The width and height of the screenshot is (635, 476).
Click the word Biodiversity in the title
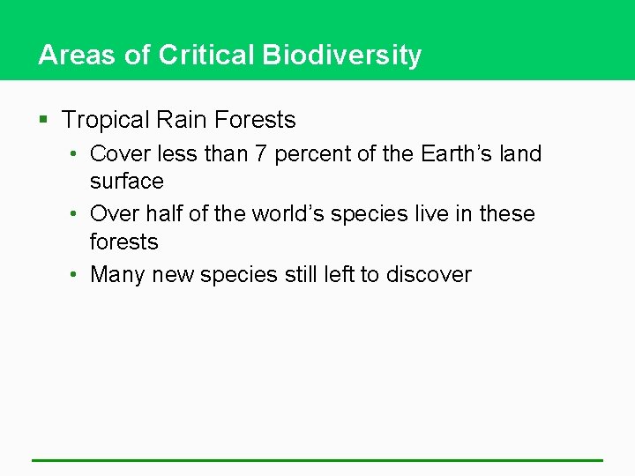pos(342,56)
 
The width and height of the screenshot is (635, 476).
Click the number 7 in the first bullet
pos(261,153)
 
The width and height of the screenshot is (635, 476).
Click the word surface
pos(127,182)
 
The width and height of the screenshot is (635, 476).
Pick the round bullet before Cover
pos(76,154)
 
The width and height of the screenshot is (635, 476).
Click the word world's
pos(288,214)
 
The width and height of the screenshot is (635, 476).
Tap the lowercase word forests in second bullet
pos(124,242)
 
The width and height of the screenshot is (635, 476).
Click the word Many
pos(118,275)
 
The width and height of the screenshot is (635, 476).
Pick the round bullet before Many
pos(76,275)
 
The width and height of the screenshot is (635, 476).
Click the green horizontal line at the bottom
pos(317,460)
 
